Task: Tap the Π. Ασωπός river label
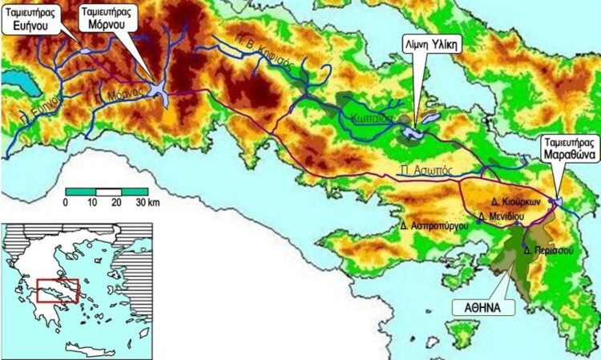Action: (419, 170)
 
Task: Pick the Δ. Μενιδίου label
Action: (500, 216)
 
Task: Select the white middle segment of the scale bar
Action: (108, 191)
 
